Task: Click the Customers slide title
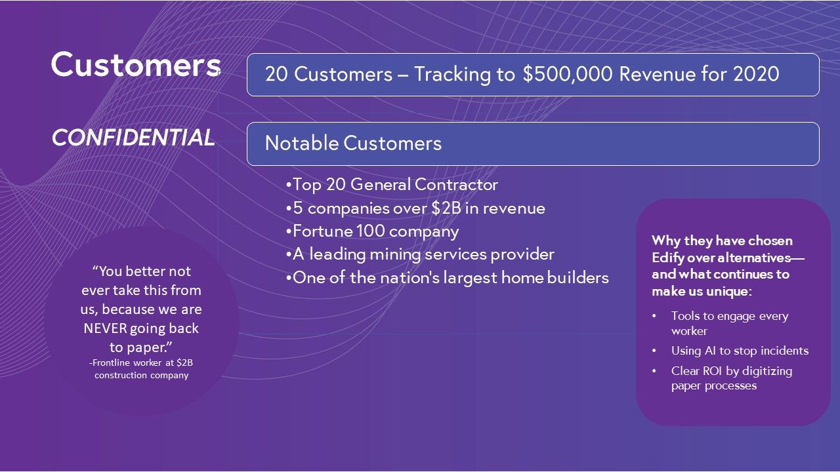point(136,64)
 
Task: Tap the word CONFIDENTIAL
point(133,137)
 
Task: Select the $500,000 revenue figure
point(568,74)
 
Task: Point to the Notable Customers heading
point(353,143)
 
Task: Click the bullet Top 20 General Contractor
point(392,185)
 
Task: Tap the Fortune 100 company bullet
point(372,231)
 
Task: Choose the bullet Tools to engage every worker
point(729,323)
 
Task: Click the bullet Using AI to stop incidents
point(740,351)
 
